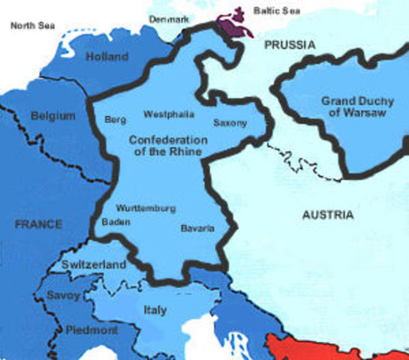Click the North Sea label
(34, 25)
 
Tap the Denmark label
(168, 18)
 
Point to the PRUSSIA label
(289, 46)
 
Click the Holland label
(107, 56)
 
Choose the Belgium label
(53, 116)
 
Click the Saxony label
(230, 122)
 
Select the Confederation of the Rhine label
(168, 146)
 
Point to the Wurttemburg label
(146, 208)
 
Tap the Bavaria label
(197, 227)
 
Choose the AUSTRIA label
(327, 215)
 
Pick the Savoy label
(64, 295)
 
